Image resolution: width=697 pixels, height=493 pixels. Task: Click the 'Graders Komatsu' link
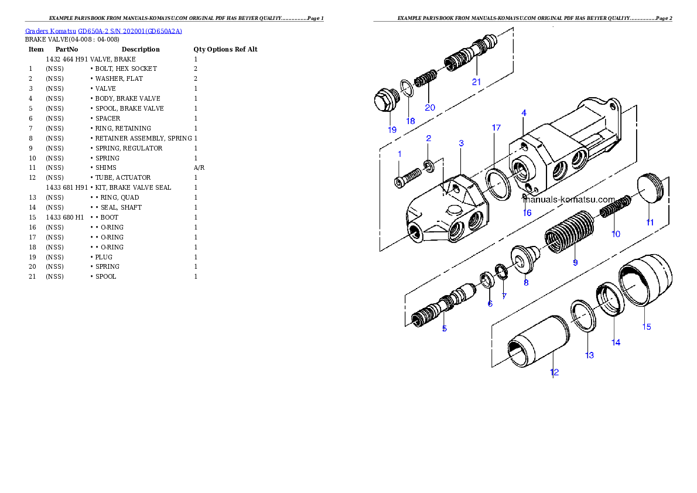[x=50, y=31]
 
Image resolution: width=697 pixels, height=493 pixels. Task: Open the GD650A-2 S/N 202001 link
[x=130, y=31]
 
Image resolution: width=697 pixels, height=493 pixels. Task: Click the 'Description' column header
[x=141, y=49]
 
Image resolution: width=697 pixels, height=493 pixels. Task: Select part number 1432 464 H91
[x=67, y=59]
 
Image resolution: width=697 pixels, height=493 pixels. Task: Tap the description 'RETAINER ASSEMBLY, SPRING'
[x=143, y=138]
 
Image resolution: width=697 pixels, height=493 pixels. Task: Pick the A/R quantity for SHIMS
[x=199, y=167]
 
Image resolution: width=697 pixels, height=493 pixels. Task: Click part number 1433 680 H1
[x=65, y=217]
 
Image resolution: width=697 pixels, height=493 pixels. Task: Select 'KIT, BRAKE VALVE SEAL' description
[x=133, y=187]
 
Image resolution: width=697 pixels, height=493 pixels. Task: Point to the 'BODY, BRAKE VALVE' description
[x=128, y=99]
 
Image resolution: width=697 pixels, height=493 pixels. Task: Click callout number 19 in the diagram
[x=392, y=130]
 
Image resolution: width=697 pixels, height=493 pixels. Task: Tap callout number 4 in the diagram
[x=524, y=113]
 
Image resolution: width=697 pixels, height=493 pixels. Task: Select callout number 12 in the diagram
[x=554, y=372]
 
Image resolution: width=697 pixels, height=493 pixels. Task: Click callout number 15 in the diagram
[x=646, y=327]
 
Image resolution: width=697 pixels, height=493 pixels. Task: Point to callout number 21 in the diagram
[x=477, y=82]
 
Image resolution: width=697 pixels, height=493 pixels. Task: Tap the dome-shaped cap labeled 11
[x=651, y=188]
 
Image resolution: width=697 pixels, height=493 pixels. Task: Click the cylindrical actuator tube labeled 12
[x=538, y=341]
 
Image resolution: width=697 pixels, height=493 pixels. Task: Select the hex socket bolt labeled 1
[x=407, y=177]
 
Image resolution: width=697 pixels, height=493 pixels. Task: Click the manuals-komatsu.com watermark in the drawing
[x=569, y=200]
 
